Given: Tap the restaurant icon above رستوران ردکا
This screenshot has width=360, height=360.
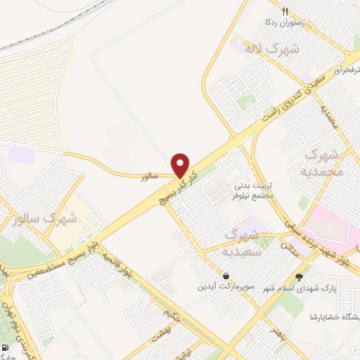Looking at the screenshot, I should (284, 11).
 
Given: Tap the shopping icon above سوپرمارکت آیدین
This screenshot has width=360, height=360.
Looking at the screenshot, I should (225, 276).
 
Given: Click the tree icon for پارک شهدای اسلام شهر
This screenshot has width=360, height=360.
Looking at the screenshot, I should (299, 276).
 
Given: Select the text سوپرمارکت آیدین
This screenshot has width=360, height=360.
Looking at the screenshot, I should (225, 288).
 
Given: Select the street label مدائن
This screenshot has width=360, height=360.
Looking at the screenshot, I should (289, 247).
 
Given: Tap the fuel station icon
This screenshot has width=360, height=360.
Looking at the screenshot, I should (6, 349).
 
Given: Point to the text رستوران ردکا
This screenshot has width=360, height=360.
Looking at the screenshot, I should (284, 23).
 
